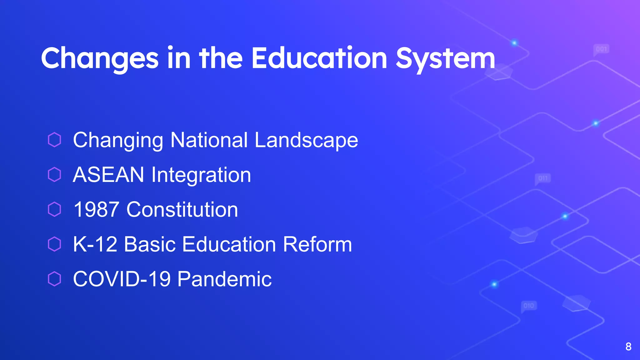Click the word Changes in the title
100,58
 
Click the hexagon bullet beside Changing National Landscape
54,140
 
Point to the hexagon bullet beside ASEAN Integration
54,174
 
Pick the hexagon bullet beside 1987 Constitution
54,209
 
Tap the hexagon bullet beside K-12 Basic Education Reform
54,244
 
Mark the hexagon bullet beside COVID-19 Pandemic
54,279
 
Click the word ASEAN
108,174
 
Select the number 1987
96,209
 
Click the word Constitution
182,209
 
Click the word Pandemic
224,279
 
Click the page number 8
628,347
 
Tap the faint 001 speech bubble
601,49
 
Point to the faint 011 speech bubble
543,178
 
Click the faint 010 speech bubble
529,306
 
